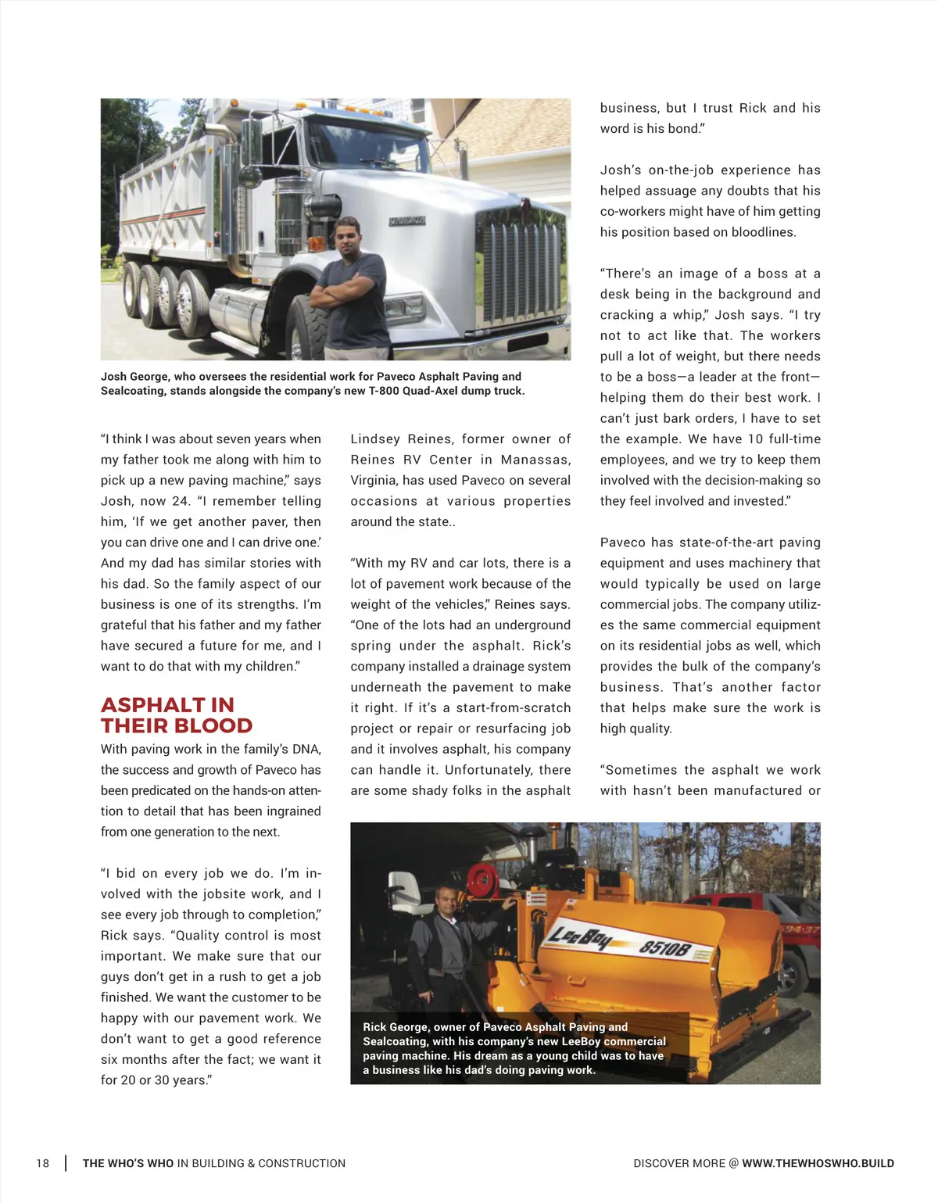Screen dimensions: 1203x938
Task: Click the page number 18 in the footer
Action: click(42, 1163)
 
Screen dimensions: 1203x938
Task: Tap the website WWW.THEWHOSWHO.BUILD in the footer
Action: click(818, 1163)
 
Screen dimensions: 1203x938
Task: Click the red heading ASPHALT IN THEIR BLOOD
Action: click(177, 715)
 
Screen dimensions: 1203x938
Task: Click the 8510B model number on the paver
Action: click(666, 949)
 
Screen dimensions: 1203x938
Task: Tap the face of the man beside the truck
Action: click(346, 233)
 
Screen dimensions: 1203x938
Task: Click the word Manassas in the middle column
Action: click(535, 460)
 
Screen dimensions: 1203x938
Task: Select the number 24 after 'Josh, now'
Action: click(181, 501)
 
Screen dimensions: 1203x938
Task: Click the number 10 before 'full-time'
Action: click(755, 439)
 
